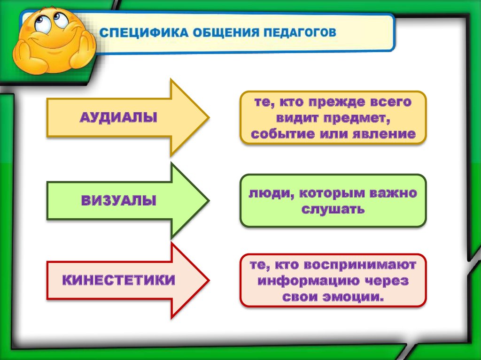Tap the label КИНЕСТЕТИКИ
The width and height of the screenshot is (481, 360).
tap(119, 281)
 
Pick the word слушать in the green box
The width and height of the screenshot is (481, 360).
tap(333, 209)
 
